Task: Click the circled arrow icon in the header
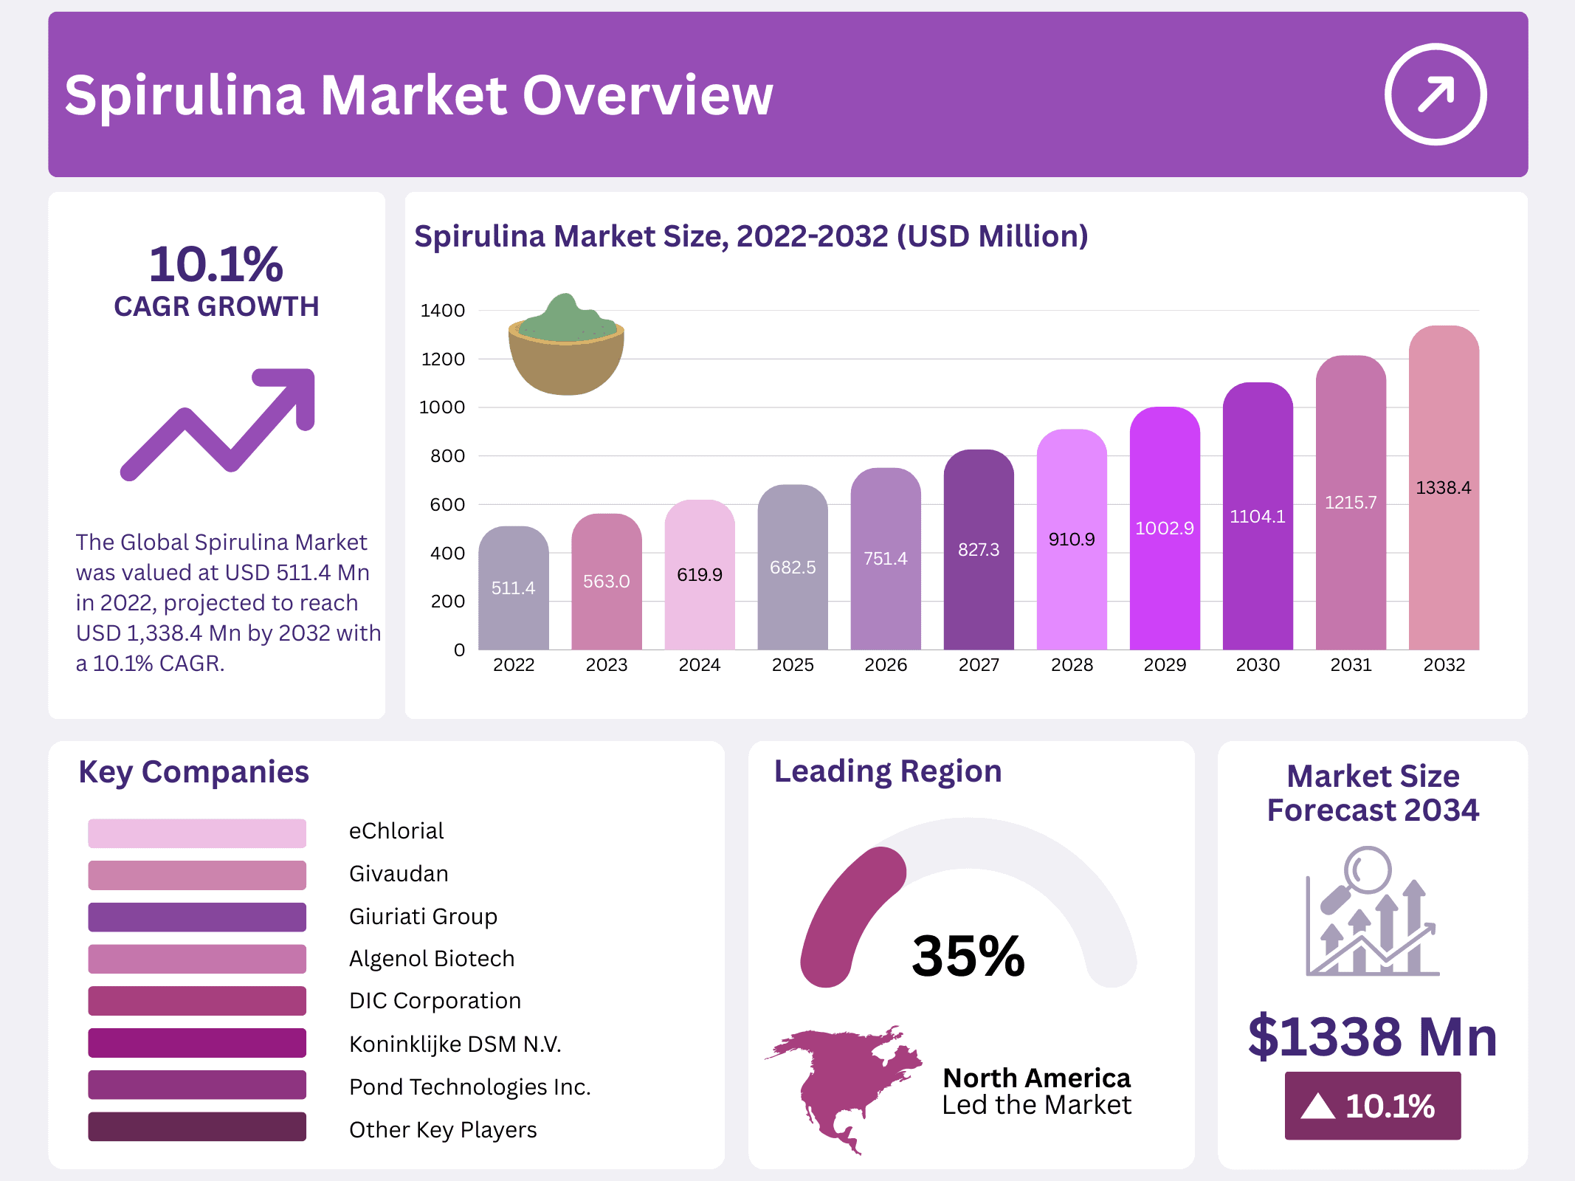tap(1435, 94)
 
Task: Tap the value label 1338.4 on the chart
tap(1443, 488)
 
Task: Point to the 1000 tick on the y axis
tap(442, 407)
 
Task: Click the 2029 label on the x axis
tap(1164, 665)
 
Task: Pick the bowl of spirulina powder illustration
tap(566, 347)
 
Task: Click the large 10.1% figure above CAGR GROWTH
tap(216, 264)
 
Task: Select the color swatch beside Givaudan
tap(196, 875)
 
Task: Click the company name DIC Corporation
tap(435, 1001)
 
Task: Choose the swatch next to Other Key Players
tap(196, 1127)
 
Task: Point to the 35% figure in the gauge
tap(968, 957)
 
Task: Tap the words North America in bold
tap(1036, 1078)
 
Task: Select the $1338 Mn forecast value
tap(1371, 1036)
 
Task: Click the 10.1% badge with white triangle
tap(1372, 1106)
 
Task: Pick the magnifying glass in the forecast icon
tap(1365, 871)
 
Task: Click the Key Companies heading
tap(193, 772)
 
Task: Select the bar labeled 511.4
tap(513, 589)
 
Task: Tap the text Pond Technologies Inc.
tap(469, 1087)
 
